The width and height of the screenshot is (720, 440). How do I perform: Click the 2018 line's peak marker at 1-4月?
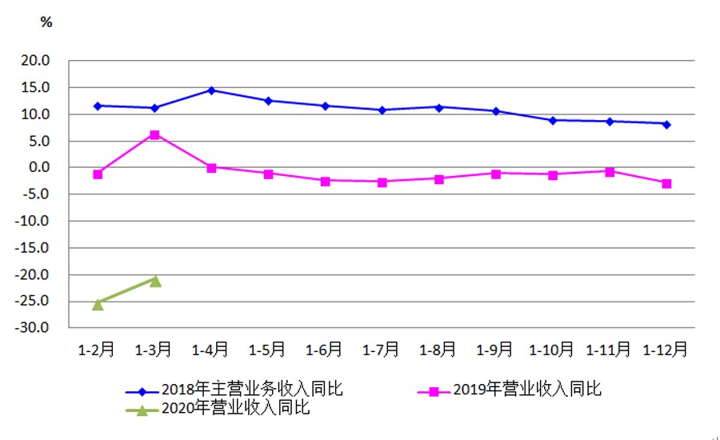click(x=211, y=90)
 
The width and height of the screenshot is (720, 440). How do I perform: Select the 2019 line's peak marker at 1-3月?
click(x=154, y=134)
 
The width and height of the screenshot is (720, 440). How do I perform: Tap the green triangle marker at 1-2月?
click(x=98, y=304)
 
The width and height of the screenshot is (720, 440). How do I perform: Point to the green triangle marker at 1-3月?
click(x=155, y=281)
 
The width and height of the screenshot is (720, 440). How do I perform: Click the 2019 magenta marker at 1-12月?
click(x=666, y=183)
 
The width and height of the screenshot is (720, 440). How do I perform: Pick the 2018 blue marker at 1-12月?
click(x=666, y=124)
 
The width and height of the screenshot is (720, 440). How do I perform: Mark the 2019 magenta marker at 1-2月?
click(x=98, y=174)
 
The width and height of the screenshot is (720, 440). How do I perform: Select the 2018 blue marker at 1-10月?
click(x=553, y=120)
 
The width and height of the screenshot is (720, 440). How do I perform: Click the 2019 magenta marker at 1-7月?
click(x=382, y=182)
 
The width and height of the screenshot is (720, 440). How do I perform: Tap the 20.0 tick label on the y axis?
click(x=36, y=61)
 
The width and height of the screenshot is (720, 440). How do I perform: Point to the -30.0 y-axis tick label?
click(x=34, y=328)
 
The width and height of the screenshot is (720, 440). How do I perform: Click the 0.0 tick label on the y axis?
click(x=39, y=168)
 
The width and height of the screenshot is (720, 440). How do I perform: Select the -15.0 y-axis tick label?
click(x=34, y=248)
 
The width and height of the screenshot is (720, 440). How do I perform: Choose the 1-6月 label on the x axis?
click(x=325, y=350)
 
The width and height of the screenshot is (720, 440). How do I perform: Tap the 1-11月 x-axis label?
click(x=609, y=350)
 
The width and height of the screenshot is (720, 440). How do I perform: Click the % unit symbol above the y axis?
click(x=46, y=22)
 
